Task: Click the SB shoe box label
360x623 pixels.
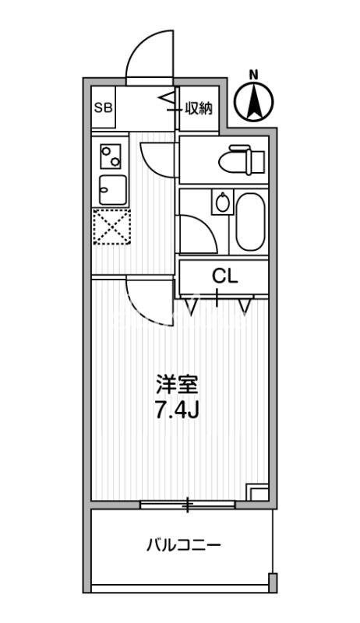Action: pos(103,108)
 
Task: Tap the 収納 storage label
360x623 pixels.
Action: pos(199,108)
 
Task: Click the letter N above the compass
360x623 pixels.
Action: pos(253,75)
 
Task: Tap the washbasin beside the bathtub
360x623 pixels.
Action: pos(223,204)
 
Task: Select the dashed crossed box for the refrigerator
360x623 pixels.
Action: pos(110,227)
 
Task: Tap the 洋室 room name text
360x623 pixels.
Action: pos(178,385)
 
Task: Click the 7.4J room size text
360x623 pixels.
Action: pos(178,410)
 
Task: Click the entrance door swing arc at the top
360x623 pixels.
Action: pos(146,56)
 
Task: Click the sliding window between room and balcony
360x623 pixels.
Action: pos(187,505)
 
